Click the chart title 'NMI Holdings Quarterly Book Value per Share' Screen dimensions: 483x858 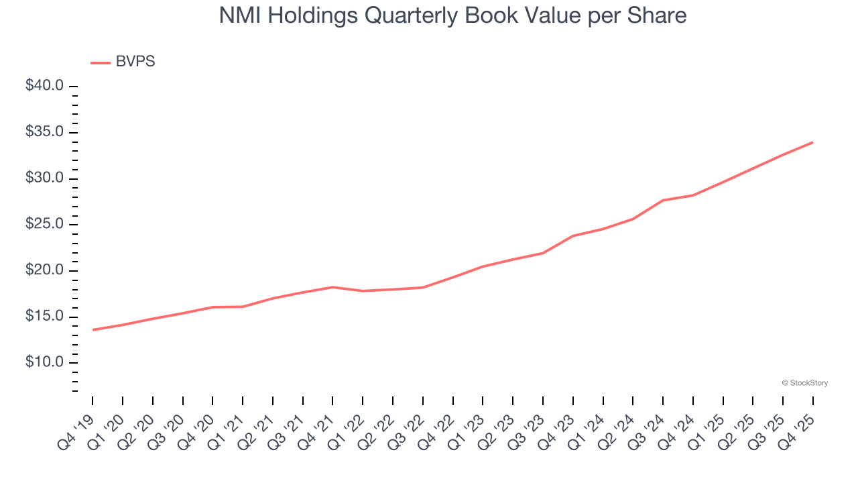coord(453,15)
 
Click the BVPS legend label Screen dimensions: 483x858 coord(135,62)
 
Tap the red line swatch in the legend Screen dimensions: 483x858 coord(101,62)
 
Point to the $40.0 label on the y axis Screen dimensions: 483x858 coord(44,86)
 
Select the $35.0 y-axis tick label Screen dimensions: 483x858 coord(44,132)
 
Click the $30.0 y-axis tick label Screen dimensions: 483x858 coord(44,178)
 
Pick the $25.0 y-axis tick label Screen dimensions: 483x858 coord(44,224)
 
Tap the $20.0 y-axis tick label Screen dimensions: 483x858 coord(44,270)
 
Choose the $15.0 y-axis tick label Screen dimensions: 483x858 coord(44,317)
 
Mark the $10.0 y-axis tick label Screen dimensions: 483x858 coord(44,363)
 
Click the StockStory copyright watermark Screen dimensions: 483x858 coord(804,383)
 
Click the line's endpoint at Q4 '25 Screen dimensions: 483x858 coord(812,142)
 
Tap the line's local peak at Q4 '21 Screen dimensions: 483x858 coord(332,287)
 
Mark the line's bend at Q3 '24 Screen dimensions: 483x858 coord(663,200)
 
